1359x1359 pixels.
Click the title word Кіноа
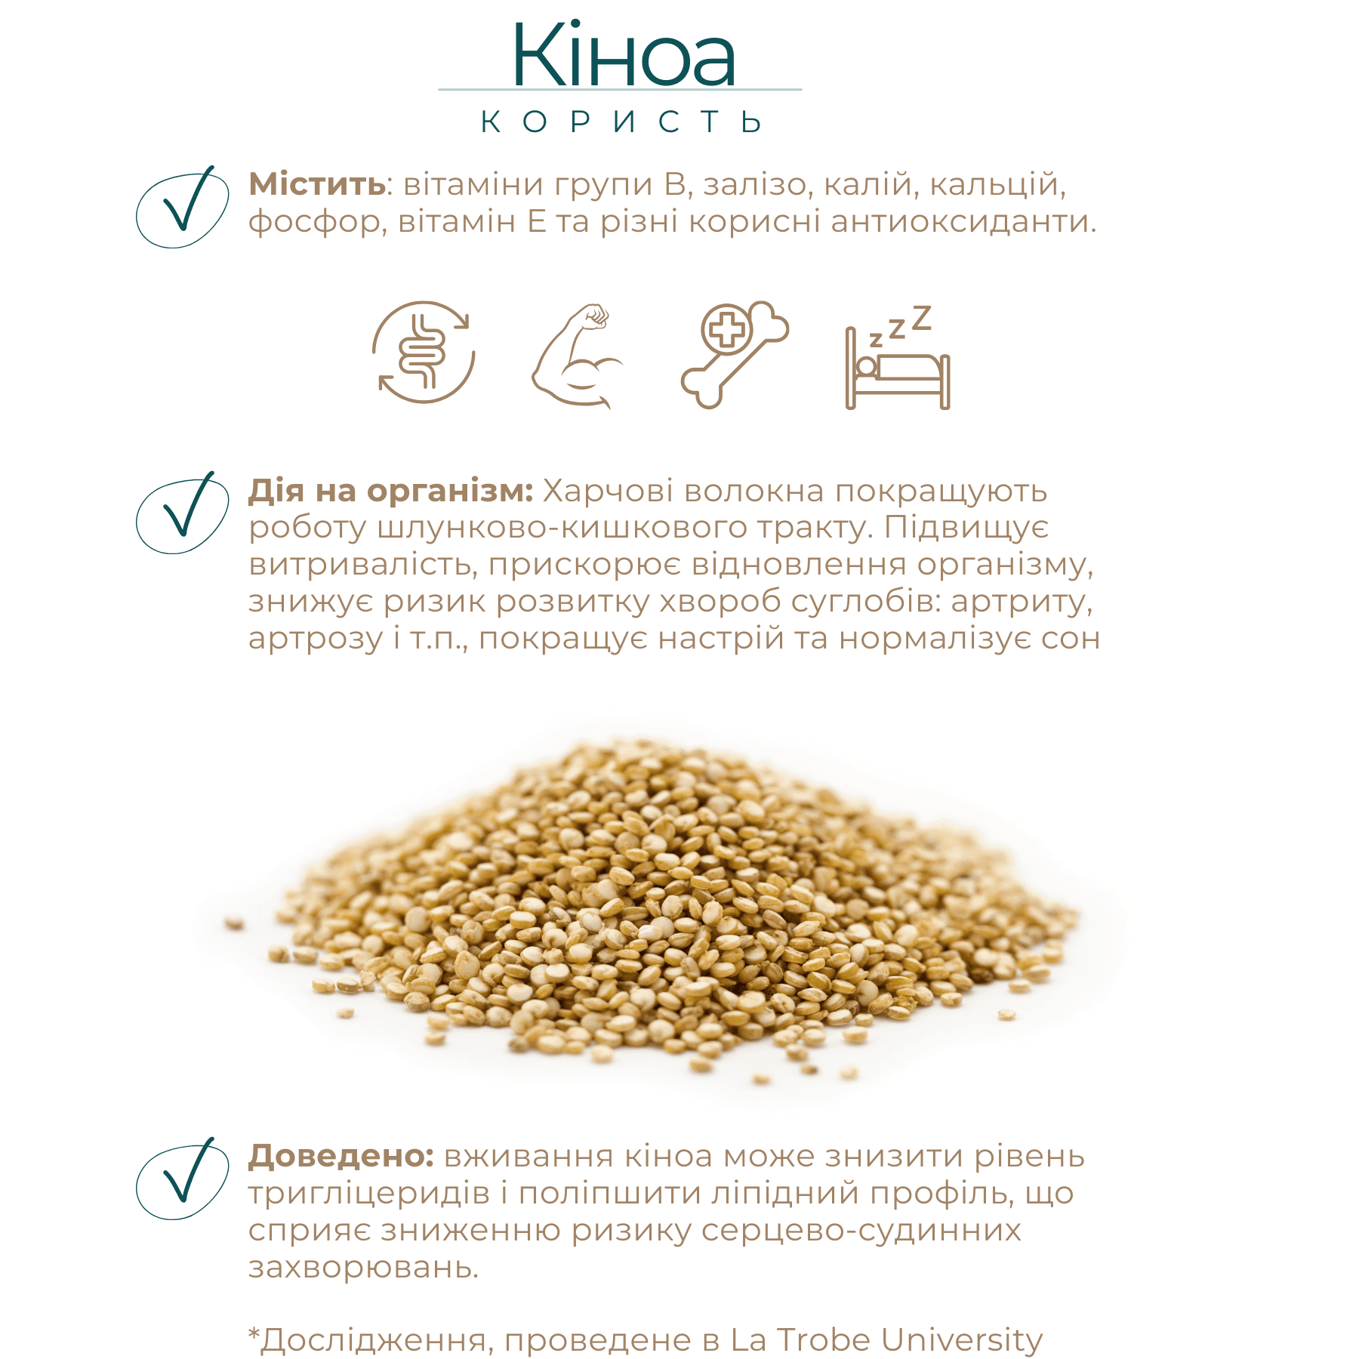pyautogui.click(x=623, y=57)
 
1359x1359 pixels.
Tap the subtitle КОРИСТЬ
pyautogui.click(x=621, y=122)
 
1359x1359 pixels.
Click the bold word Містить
pyautogui.click(x=317, y=184)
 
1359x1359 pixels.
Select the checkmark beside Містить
pyautogui.click(x=183, y=206)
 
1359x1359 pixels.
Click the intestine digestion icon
pyautogui.click(x=424, y=353)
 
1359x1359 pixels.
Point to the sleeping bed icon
pyautogui.click(x=898, y=358)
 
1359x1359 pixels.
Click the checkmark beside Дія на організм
pyautogui.click(x=183, y=513)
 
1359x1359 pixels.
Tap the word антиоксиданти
pyautogui.click(x=963, y=222)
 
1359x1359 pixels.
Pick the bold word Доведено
pyautogui.click(x=341, y=1156)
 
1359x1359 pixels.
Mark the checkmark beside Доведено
pyautogui.click(x=183, y=1179)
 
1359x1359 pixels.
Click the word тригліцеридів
pyautogui.click(x=369, y=1194)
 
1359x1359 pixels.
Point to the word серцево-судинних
pyautogui.click(x=861, y=1231)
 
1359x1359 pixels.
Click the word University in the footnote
pyautogui.click(x=961, y=1340)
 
